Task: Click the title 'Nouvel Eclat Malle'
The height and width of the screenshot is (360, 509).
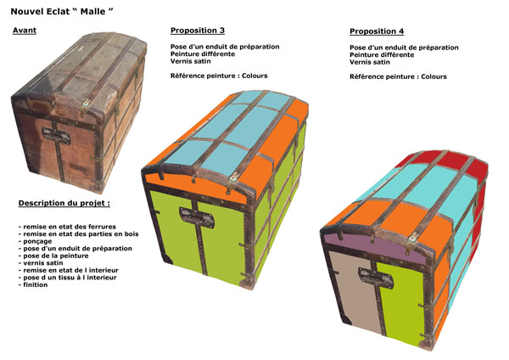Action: tap(62, 12)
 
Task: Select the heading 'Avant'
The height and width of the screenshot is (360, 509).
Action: tap(25, 31)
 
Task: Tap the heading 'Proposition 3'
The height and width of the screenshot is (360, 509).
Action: tap(198, 31)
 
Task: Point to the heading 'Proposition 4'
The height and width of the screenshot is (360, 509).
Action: tap(377, 31)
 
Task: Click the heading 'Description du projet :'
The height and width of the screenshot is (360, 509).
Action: tap(64, 203)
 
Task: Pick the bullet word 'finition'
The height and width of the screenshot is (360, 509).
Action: tap(35, 284)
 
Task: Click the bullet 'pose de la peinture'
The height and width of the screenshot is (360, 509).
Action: tap(55, 256)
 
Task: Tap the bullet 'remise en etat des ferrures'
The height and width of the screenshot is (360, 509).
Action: tap(70, 227)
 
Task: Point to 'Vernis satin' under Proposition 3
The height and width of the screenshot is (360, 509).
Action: tap(191, 61)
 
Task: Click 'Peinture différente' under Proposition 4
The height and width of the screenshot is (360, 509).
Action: tap(382, 54)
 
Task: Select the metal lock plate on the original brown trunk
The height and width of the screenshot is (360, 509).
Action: tap(56, 135)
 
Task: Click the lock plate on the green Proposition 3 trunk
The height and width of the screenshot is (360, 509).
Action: tap(197, 217)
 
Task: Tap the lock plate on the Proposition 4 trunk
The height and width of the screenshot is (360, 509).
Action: tap(376, 277)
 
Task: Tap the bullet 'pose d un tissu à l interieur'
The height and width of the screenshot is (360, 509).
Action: tap(70, 278)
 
